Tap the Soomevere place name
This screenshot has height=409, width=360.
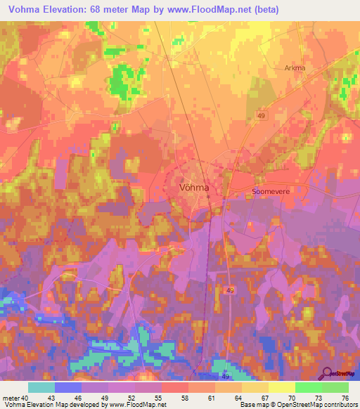(270, 190)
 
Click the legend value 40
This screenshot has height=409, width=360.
(26, 398)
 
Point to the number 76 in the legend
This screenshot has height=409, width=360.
(345, 398)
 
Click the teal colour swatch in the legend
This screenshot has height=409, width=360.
(41, 387)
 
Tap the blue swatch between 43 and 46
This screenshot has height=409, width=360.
(68, 387)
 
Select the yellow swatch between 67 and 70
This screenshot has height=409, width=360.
(282, 387)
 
